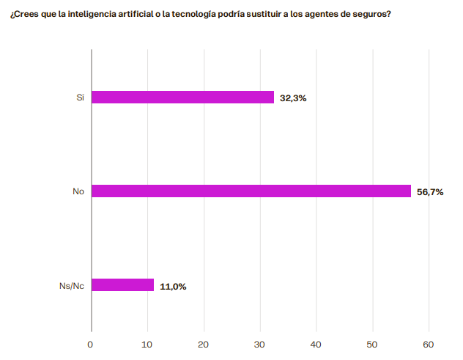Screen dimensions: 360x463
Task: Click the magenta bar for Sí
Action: click(x=182, y=98)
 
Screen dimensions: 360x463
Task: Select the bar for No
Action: click(x=251, y=191)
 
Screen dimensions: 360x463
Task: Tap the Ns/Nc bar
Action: click(x=122, y=285)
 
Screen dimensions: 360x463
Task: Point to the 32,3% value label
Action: click(x=293, y=98)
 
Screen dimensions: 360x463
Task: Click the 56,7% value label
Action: click(x=430, y=192)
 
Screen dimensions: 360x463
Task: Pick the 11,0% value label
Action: click(x=173, y=286)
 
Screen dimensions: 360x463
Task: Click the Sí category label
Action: click(x=80, y=98)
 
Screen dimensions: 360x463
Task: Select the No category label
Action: click(x=78, y=191)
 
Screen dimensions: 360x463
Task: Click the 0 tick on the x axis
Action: click(x=91, y=344)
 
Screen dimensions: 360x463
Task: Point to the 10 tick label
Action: click(x=147, y=344)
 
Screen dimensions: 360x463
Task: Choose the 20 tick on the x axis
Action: click(x=204, y=344)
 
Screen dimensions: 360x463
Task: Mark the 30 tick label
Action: click(x=260, y=344)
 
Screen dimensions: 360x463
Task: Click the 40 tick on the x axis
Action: click(x=316, y=344)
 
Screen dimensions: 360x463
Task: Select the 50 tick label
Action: click(x=373, y=344)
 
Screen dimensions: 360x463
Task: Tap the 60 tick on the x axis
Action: click(x=429, y=344)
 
